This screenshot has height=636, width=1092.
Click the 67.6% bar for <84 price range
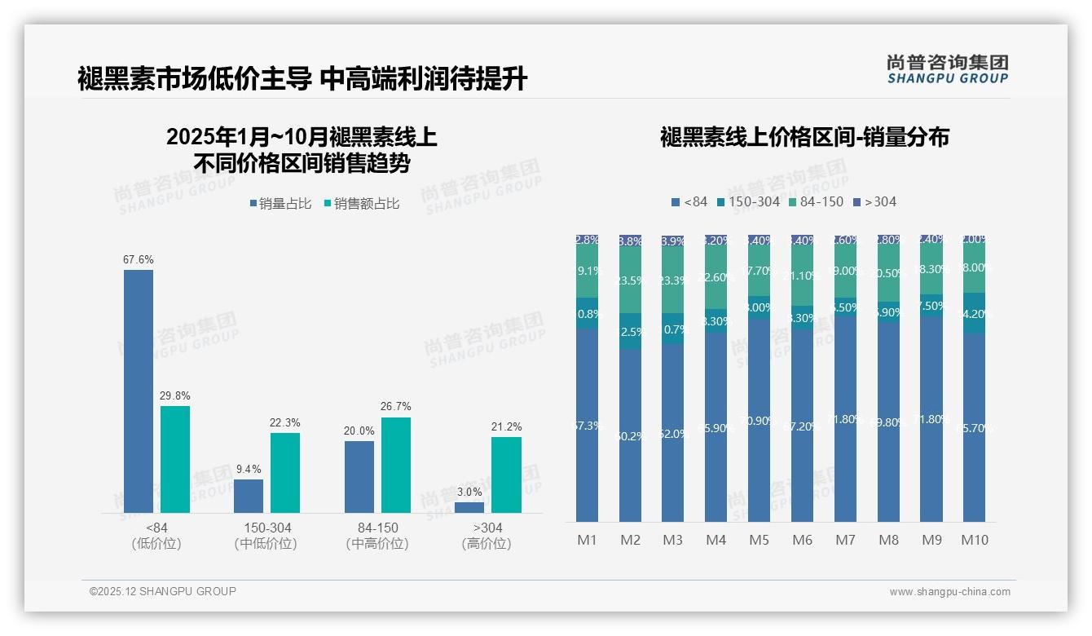click(x=139, y=391)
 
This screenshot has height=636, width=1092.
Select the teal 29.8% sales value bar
click(x=175, y=459)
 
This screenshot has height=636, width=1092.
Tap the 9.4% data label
click(x=249, y=470)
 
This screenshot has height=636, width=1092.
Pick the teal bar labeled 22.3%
click(x=285, y=473)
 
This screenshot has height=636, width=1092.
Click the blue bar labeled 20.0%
click(x=359, y=477)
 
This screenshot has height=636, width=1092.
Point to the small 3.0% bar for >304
click(x=469, y=507)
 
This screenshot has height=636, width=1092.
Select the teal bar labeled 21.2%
click(x=506, y=475)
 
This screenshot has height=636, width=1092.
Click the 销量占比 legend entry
click(x=280, y=204)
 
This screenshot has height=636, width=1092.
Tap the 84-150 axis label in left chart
click(x=377, y=528)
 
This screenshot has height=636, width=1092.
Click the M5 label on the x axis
click(x=759, y=540)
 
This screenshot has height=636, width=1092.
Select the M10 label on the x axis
click(x=974, y=540)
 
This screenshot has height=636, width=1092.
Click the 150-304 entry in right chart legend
click(x=748, y=201)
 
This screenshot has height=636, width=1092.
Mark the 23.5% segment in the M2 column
click(x=630, y=280)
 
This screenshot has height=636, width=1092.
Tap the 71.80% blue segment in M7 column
click(x=845, y=418)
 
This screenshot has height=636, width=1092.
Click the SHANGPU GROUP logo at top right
click(x=947, y=69)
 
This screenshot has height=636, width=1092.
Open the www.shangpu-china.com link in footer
click(x=949, y=592)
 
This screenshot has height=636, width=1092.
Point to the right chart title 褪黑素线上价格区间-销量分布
click(x=804, y=137)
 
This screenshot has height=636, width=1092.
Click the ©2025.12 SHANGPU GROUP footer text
click(x=163, y=591)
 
